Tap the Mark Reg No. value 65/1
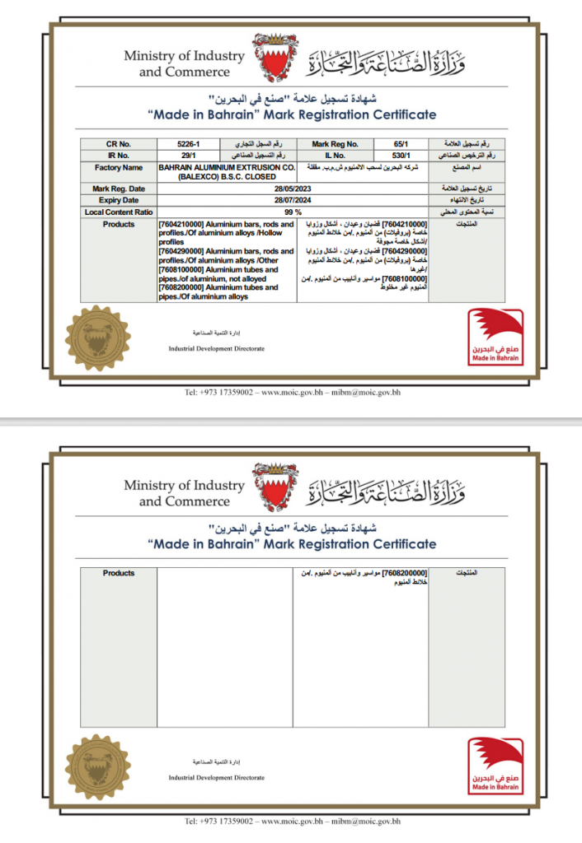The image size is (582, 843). (x=401, y=144)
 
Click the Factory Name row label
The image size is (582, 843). (x=119, y=167)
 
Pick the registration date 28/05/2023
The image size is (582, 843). (x=293, y=189)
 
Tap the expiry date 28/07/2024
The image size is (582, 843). (x=293, y=200)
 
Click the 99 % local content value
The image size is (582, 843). (x=293, y=212)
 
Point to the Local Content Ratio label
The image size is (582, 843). (x=119, y=212)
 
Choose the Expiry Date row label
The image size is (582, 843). (x=119, y=200)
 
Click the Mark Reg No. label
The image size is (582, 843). (x=335, y=144)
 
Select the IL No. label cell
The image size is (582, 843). (x=335, y=155)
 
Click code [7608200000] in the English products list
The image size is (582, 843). (x=184, y=288)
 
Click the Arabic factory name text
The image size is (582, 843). (x=363, y=167)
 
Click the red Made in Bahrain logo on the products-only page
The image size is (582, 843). (x=495, y=766)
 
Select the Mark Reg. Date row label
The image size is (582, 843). (x=119, y=189)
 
